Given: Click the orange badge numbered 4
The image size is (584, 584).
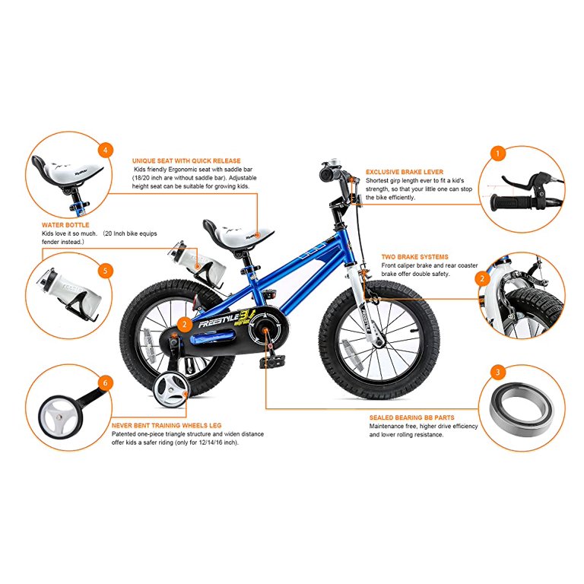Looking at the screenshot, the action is tap(106, 150).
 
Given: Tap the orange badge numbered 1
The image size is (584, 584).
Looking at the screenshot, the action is tap(497, 154).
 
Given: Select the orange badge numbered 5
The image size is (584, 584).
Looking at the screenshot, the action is tap(106, 271).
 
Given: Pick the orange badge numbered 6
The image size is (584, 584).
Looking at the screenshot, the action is tap(106, 383).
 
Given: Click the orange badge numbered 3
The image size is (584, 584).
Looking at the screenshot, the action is tap(497, 372).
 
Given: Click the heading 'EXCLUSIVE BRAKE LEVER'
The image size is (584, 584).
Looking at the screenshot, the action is tap(405, 172).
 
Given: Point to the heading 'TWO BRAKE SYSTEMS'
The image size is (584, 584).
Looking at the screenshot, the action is tap(414, 257).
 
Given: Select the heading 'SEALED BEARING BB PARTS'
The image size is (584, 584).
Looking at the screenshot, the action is tap(412, 417).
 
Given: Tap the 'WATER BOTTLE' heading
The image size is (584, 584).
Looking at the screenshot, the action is tap(65, 225).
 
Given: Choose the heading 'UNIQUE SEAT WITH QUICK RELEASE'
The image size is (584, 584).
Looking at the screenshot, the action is tap(186, 161).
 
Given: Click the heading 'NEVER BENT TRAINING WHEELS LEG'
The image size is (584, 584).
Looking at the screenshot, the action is tap(167, 425).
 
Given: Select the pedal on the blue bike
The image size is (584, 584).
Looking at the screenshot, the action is tap(273, 360).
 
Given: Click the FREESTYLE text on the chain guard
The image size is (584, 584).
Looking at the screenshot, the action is tap(219, 321).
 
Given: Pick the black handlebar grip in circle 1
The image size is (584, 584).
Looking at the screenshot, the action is tap(511, 202).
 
